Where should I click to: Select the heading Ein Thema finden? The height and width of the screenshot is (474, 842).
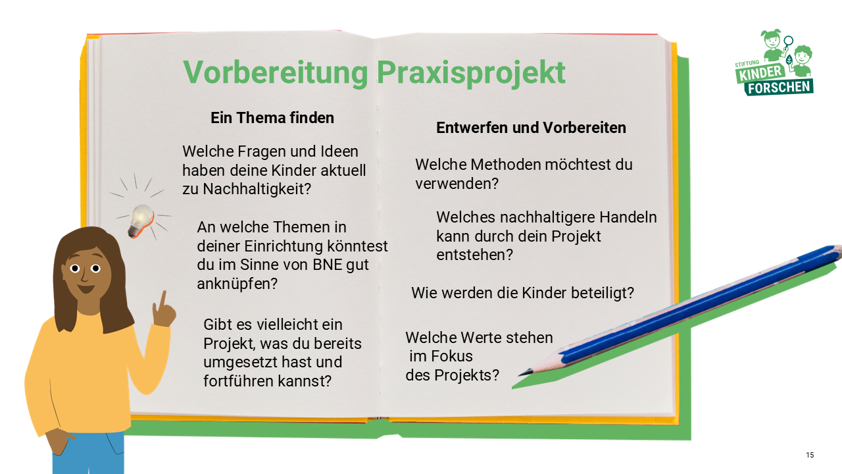(272, 118)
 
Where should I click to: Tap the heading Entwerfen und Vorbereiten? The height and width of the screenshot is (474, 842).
(531, 128)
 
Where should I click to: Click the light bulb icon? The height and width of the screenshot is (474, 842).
(140, 219)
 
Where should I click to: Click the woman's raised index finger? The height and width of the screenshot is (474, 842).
(162, 300)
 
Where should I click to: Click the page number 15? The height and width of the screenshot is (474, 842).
(810, 456)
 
